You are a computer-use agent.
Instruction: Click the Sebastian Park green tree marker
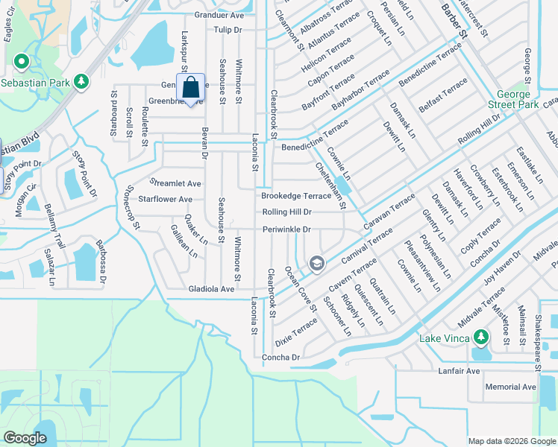(x=22, y=62)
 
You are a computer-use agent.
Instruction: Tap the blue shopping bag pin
(x=190, y=88)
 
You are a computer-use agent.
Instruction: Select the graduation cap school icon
(x=316, y=263)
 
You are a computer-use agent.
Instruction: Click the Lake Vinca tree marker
(x=482, y=337)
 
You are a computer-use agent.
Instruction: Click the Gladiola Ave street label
(x=212, y=289)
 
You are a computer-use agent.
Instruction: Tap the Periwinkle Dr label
(x=286, y=229)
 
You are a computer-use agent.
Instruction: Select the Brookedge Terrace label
(x=295, y=196)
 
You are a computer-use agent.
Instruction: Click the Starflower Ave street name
(x=160, y=200)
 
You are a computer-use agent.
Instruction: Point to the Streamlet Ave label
(x=175, y=183)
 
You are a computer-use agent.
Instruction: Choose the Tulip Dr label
(x=228, y=30)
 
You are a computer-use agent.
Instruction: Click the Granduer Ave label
(x=219, y=15)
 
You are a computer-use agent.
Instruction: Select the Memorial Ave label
(x=510, y=387)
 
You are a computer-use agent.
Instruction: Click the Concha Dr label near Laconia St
(x=280, y=358)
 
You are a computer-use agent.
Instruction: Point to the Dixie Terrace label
(x=296, y=332)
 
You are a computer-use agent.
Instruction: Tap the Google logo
(x=25, y=438)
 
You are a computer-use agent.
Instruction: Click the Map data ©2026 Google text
(x=511, y=441)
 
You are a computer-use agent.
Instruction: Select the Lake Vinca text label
(x=443, y=339)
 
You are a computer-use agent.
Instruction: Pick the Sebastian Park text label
(x=35, y=82)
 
